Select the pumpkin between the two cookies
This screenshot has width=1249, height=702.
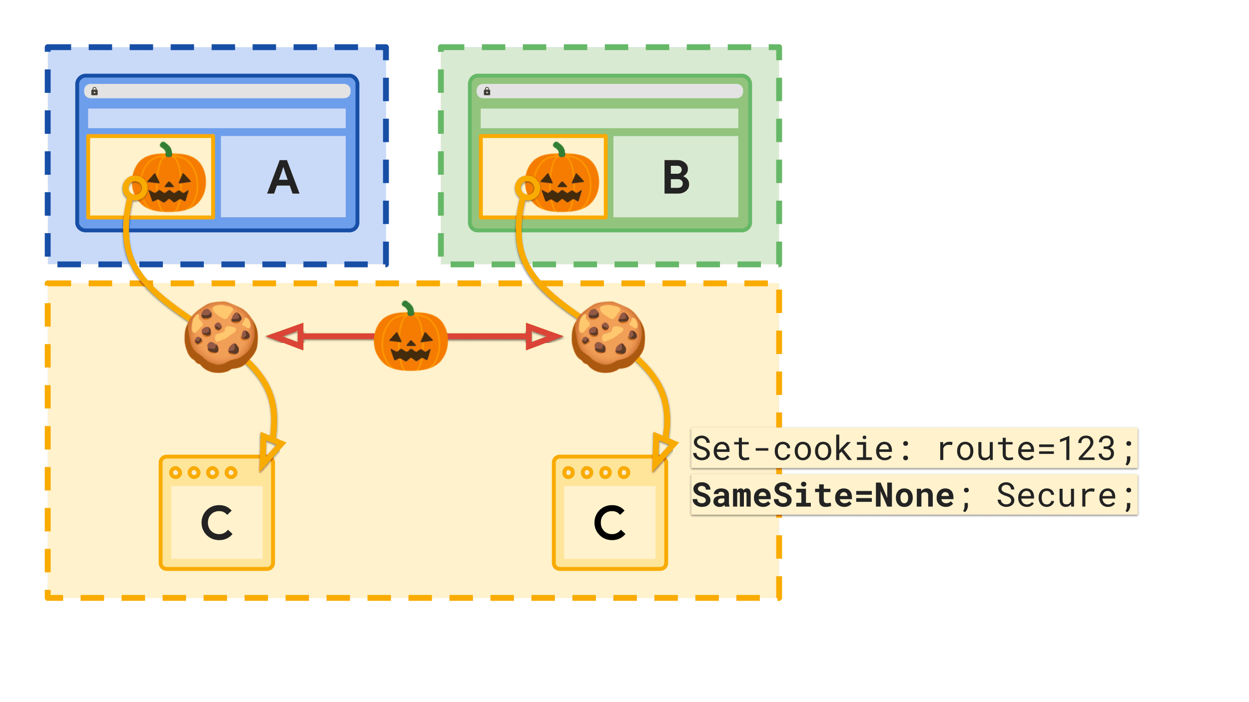[411, 338]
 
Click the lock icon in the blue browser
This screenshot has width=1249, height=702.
[94, 91]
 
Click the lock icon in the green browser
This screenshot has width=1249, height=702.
[487, 91]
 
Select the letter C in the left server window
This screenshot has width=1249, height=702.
[217, 523]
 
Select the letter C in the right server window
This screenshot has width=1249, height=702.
[610, 523]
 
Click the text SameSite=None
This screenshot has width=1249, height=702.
[823, 496]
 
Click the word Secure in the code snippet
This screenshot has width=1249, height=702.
[1056, 496]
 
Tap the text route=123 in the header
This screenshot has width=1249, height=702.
[1026, 449]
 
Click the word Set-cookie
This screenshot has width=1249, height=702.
[793, 449]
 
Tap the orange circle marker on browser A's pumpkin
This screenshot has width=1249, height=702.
[135, 188]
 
